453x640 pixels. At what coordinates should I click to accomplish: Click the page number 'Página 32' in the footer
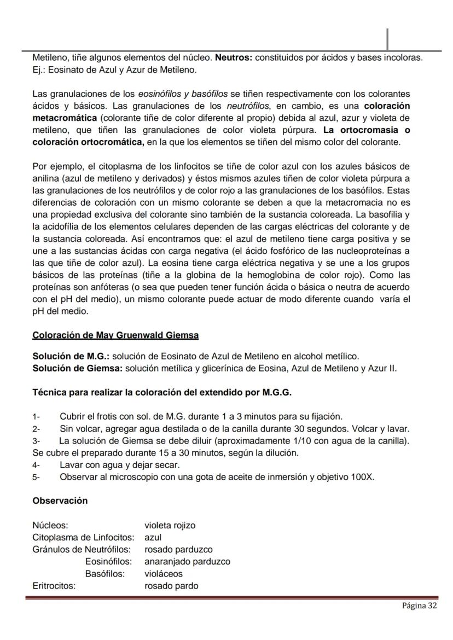click(419, 606)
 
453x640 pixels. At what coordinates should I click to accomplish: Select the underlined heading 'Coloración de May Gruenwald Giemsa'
click(115, 335)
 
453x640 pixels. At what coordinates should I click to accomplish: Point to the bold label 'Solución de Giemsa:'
click(77, 368)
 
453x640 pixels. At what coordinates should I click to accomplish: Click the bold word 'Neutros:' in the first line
click(234, 57)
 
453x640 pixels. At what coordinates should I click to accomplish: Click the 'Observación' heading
click(60, 501)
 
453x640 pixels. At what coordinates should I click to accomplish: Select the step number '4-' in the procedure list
click(36, 465)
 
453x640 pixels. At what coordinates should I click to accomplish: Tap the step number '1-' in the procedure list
click(36, 417)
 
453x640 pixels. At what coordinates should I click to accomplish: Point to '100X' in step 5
click(362, 477)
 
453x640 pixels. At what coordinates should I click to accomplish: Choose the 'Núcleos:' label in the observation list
click(50, 525)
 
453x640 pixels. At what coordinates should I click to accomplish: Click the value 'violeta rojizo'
click(170, 525)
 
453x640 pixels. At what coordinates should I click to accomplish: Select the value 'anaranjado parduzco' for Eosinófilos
click(187, 561)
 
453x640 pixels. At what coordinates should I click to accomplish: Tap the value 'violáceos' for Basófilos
click(164, 574)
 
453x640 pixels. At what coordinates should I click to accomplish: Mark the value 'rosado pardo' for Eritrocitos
click(171, 586)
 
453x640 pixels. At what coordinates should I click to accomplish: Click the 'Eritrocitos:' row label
click(54, 586)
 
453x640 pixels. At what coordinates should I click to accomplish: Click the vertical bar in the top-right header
click(387, 39)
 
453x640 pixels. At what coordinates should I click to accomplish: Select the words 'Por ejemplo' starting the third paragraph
click(56, 166)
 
